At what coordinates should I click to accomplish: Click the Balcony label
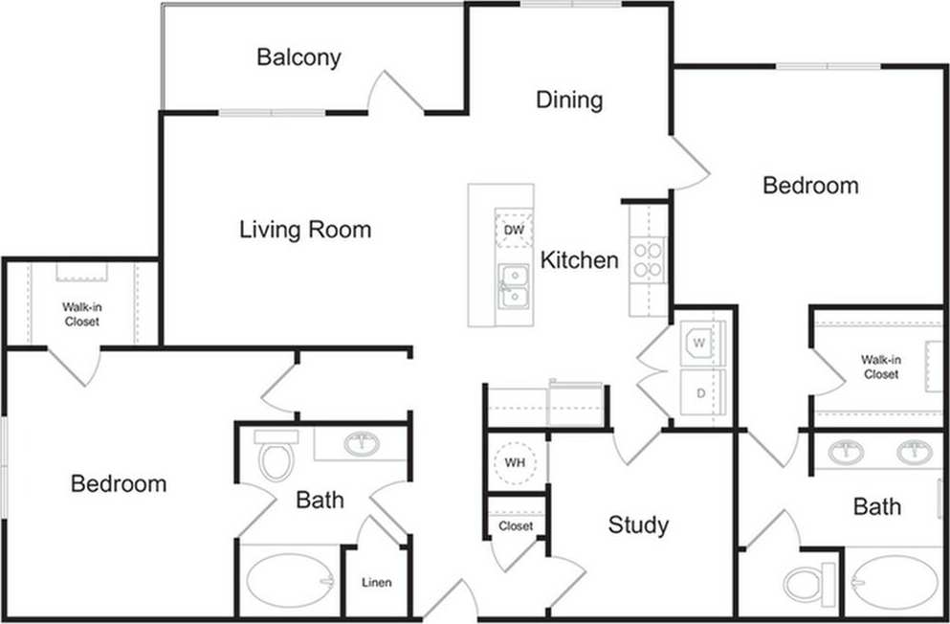298,57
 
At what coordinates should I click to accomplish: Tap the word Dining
569,100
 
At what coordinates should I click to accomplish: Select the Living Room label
305,230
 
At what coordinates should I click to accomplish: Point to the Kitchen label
580,259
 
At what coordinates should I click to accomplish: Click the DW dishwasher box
514,231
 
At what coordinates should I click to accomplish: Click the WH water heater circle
516,463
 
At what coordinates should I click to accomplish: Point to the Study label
638,524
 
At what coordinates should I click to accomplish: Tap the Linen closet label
376,582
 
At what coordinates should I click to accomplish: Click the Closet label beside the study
516,526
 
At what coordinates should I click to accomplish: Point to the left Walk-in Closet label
82,315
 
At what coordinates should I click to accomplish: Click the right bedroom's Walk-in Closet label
880,368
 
